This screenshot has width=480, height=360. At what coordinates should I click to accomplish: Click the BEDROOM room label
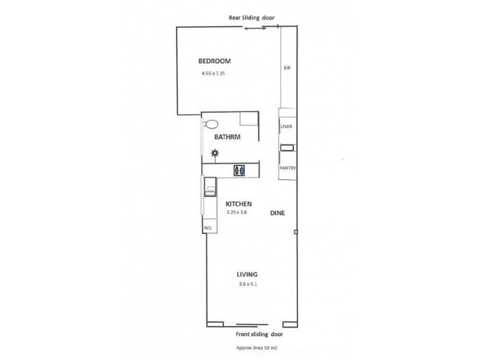pyautogui.click(x=215, y=61)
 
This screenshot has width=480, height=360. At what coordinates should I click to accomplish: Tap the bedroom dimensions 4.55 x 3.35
pyautogui.click(x=217, y=74)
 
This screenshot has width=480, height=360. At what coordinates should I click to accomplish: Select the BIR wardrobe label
pyautogui.click(x=287, y=69)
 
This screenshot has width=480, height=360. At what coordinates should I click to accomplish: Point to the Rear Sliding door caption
pyautogui.click(x=251, y=18)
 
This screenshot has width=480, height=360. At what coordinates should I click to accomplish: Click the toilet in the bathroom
pyautogui.click(x=211, y=125)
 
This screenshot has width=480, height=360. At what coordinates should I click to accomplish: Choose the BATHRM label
pyautogui.click(x=227, y=137)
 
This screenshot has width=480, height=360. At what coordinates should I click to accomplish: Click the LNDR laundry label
pyautogui.click(x=287, y=127)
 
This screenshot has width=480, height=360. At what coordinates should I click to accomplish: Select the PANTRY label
pyautogui.click(x=287, y=169)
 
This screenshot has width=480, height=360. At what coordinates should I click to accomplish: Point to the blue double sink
pyautogui.click(x=239, y=170)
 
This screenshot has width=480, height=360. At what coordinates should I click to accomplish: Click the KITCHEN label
pyautogui.click(x=238, y=203)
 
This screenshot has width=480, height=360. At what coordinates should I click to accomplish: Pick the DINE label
pyautogui.click(x=277, y=213)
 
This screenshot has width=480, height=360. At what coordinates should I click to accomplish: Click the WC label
pyautogui.click(x=208, y=228)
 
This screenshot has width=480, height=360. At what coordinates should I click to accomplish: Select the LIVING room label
pyautogui.click(x=247, y=274)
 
